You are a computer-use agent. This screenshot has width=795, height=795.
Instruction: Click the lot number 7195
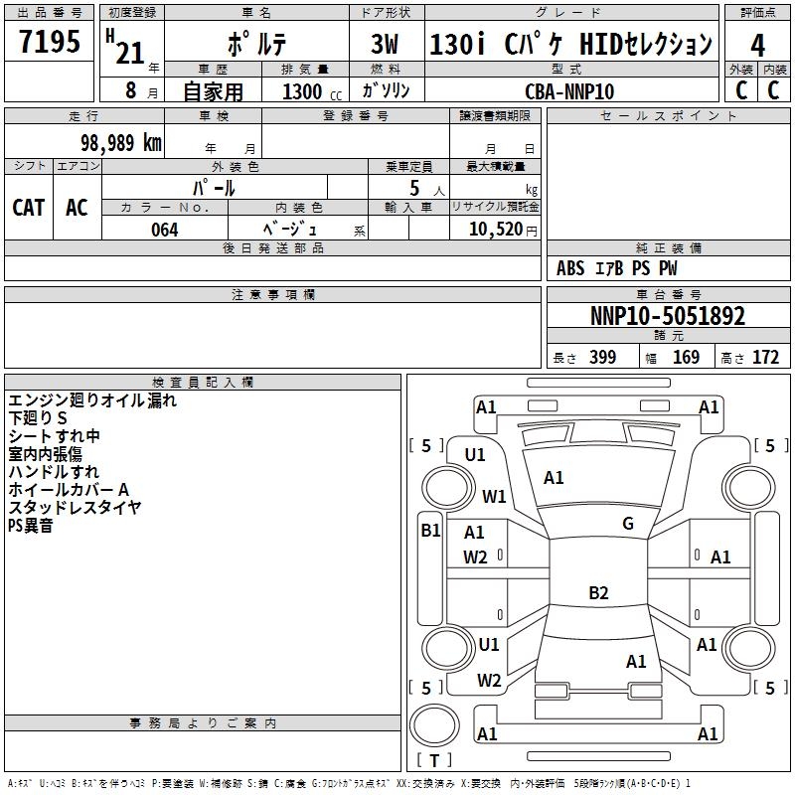coord(49,42)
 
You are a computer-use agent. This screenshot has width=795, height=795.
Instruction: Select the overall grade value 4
coord(757,45)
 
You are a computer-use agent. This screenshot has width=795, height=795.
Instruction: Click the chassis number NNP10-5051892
coord(667,316)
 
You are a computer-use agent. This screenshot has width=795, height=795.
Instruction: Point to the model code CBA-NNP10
coord(568,90)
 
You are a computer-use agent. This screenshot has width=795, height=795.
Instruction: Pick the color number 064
coord(164,229)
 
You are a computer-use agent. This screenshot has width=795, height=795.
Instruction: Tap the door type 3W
coord(388,44)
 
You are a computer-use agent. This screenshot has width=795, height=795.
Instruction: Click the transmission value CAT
coord(29,207)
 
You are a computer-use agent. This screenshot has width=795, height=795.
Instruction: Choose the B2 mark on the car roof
coord(598,593)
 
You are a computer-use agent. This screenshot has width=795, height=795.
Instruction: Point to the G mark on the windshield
coord(628,524)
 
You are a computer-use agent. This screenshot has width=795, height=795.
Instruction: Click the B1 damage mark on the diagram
coord(430,531)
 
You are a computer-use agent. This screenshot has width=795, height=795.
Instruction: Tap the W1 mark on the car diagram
coord(494,496)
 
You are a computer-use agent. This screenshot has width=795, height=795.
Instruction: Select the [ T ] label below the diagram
coord(434,760)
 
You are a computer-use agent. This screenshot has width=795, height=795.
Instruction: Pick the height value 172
coord(765,358)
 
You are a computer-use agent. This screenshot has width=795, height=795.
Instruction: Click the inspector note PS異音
coord(31,526)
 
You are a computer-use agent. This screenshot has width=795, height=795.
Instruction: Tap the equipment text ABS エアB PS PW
coord(617,268)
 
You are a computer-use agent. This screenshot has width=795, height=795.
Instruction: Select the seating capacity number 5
coord(413,188)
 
